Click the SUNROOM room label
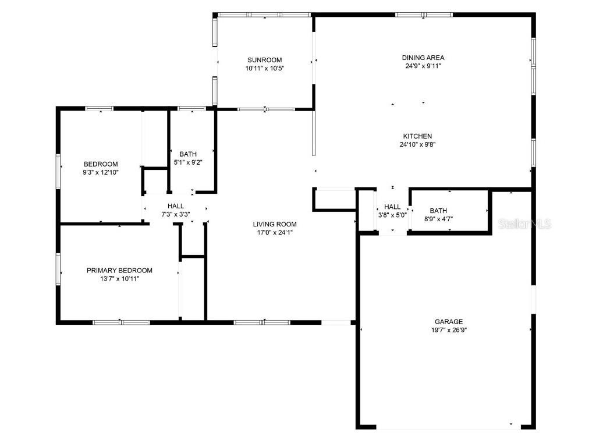265,60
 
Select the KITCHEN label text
417,136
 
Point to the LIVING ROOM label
275,224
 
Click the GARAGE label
449,321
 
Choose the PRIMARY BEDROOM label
119,270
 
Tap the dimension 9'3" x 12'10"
101,172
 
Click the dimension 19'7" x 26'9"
449,330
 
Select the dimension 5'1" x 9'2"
188,162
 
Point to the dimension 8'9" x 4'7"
438,219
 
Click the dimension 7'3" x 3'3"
176,214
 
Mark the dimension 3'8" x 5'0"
392,215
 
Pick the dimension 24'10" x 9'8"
417,144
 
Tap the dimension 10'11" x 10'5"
265,69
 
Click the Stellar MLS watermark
524,224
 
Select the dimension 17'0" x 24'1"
275,233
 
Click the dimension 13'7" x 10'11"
120,279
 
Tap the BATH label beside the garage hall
438,211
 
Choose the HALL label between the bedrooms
176,206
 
